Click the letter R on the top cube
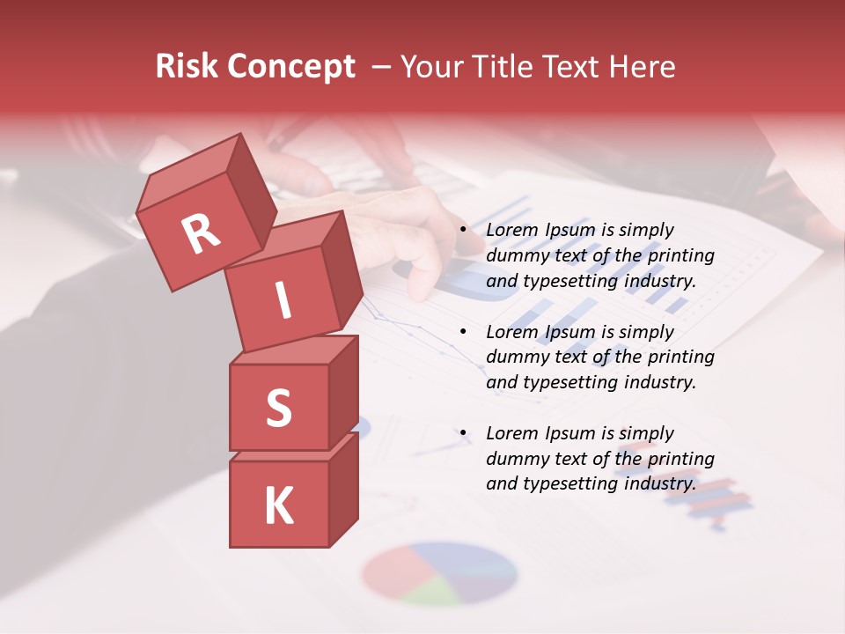pos(201,233)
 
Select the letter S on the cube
pos(278,408)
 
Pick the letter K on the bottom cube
pos(278,506)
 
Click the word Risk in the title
pos(186,66)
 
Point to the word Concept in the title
pos(290,66)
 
